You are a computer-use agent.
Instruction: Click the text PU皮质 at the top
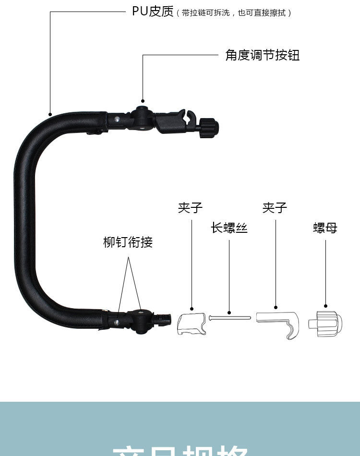153,12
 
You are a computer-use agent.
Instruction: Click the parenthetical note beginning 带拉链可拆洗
234,13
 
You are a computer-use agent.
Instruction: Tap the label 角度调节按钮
263,55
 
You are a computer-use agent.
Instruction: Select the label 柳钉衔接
128,242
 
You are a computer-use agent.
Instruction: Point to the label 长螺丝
229,228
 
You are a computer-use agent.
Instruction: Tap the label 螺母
325,228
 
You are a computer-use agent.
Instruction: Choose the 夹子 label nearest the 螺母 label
275,207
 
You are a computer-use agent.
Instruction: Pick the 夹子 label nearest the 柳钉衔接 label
191,207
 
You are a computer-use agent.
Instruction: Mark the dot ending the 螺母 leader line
325,306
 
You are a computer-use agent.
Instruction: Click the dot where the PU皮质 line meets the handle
50,114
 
